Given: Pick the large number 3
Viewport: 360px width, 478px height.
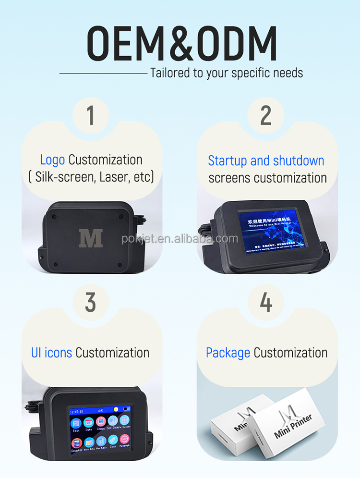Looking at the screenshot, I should (x=91, y=303).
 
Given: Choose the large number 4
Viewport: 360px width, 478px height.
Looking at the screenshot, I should (x=265, y=303).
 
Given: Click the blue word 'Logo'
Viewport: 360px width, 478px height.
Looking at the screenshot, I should (x=52, y=160).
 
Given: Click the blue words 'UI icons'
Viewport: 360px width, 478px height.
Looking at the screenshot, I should (x=51, y=353).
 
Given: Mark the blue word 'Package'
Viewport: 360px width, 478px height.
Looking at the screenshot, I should (x=228, y=353).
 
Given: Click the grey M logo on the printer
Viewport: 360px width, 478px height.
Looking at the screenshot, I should (x=91, y=238).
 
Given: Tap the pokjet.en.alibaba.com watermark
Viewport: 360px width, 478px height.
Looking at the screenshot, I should (x=180, y=239).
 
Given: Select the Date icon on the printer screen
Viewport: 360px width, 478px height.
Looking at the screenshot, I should (x=89, y=423).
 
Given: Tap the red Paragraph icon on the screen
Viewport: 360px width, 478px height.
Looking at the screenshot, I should (x=124, y=440).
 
